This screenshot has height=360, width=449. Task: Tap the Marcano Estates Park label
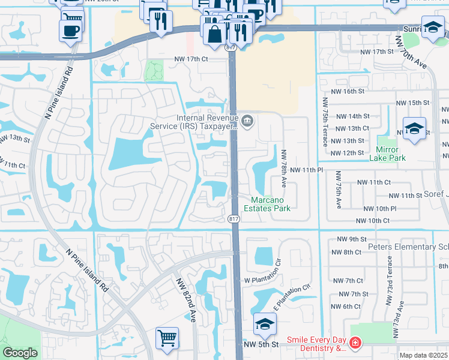[x=267, y=204]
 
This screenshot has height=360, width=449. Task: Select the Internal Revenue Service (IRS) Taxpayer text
[x=208, y=122]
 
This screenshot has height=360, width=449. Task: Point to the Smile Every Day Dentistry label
[x=316, y=344]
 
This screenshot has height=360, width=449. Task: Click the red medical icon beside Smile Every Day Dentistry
[x=355, y=344]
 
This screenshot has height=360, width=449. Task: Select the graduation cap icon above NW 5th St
[x=264, y=325]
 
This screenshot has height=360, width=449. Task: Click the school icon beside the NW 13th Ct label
[x=414, y=130]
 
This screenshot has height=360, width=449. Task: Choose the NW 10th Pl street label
[x=377, y=208]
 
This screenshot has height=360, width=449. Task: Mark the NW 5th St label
[x=261, y=345]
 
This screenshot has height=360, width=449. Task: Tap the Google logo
[x=20, y=353]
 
